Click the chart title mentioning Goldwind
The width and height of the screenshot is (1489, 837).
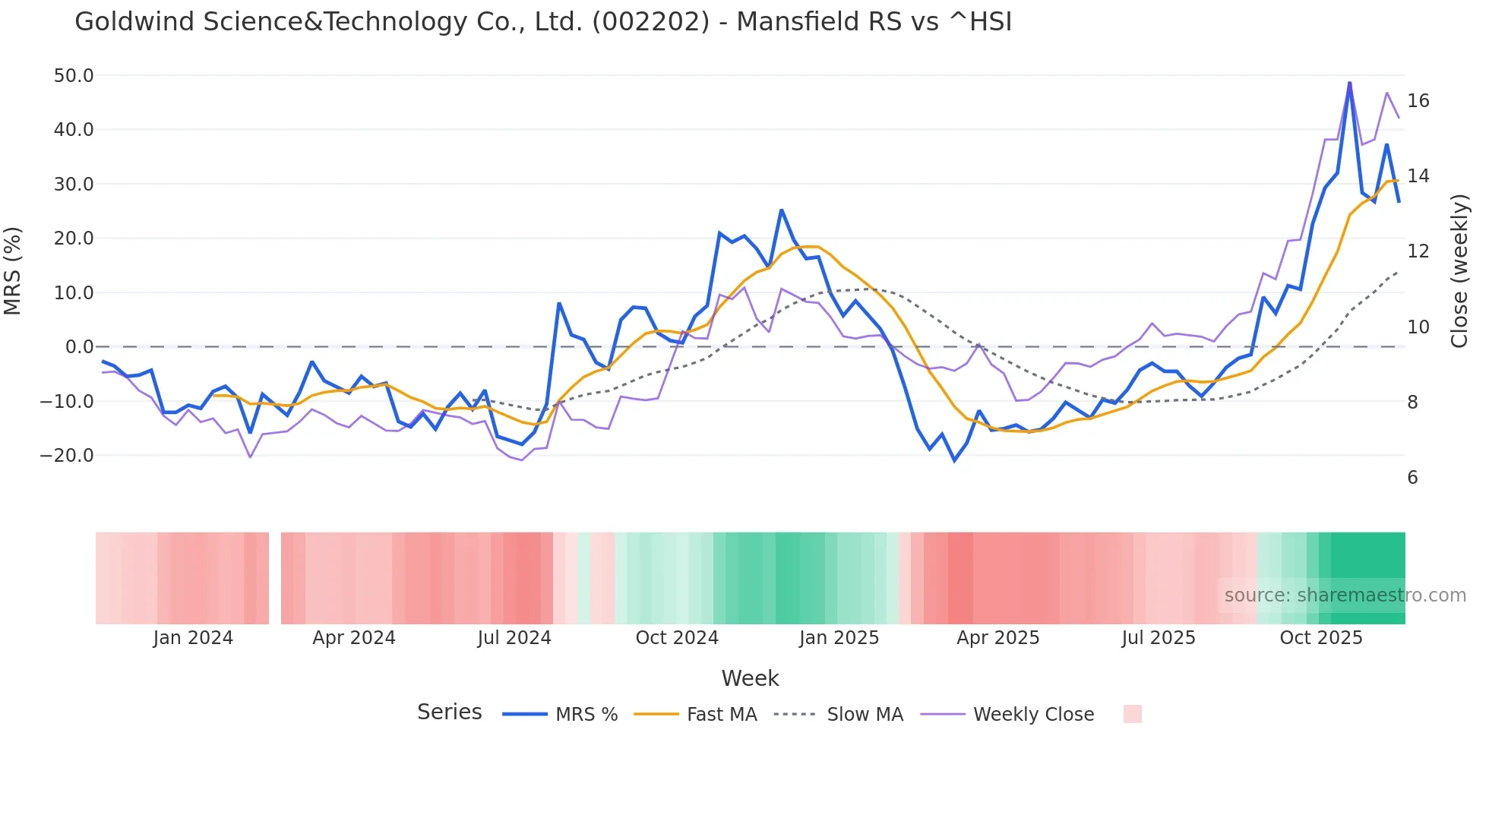[543, 22]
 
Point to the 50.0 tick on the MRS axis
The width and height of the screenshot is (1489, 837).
[74, 76]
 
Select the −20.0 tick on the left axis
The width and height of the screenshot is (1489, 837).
[67, 456]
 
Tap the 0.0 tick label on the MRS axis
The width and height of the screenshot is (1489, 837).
[80, 347]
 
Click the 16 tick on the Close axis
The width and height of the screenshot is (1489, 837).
[1418, 101]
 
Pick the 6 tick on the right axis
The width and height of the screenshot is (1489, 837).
[1413, 478]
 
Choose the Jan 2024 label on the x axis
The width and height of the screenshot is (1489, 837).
[193, 638]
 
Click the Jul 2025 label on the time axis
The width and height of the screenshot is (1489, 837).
[1159, 638]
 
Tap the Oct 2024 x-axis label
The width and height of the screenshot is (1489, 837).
[677, 638]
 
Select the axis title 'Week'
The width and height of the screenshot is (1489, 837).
[750, 678]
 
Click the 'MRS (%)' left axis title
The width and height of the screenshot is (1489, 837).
[13, 271]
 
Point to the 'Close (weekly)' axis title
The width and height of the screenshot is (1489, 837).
[1459, 271]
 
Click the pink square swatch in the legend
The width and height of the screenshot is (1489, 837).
[1133, 714]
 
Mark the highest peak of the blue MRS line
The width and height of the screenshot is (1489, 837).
[1350, 83]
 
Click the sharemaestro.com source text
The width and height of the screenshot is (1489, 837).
[1345, 595]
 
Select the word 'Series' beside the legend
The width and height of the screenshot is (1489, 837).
[449, 712]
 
